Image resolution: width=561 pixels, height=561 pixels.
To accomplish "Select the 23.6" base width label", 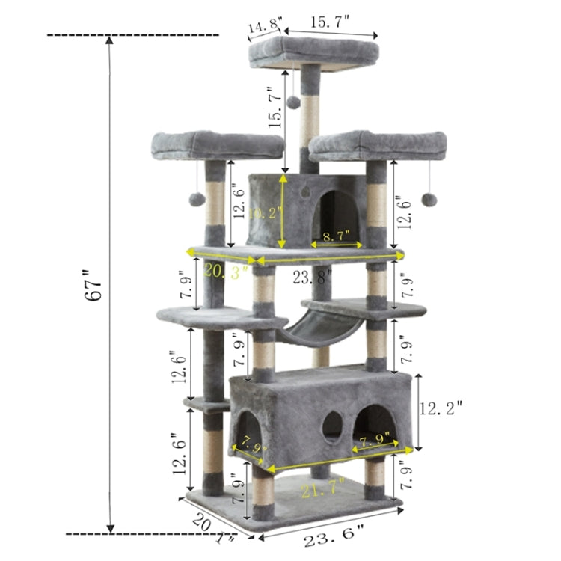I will coord(334,538).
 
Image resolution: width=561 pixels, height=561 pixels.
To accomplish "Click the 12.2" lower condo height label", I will coord(441,408).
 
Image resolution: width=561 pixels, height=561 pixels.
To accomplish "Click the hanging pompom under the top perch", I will coord(295,99).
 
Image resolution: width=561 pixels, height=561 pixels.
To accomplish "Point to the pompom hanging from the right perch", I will coord(429,199).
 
